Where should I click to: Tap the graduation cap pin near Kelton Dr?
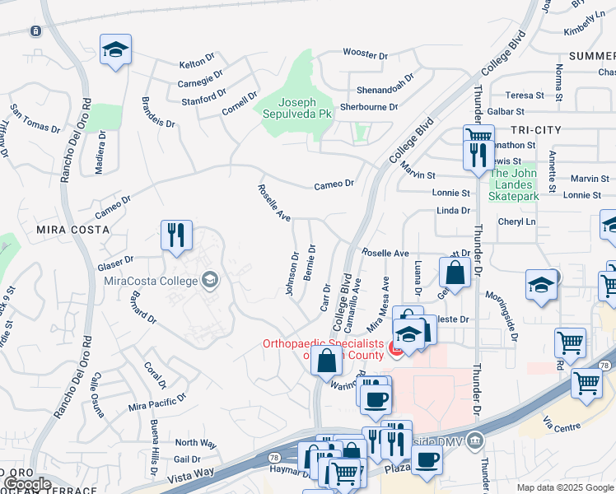point(115,50)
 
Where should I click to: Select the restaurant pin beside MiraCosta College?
point(176,236)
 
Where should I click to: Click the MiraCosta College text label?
point(151,281)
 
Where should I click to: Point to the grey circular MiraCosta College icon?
point(209,281)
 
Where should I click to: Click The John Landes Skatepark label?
point(515,184)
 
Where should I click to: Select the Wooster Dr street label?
point(366,55)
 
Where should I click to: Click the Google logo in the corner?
point(28,484)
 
